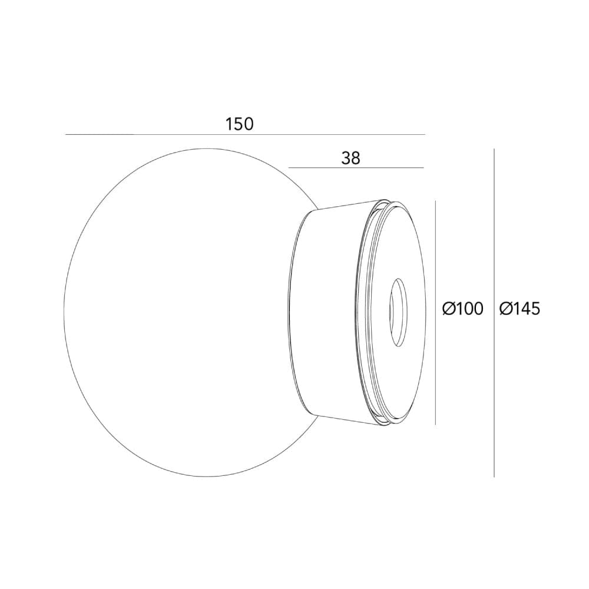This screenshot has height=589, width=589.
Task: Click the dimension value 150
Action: point(239,124)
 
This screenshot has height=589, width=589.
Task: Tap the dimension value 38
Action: point(350,158)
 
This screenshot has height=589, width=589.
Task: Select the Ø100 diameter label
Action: point(462,308)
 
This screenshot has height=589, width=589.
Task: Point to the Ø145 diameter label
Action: point(519,308)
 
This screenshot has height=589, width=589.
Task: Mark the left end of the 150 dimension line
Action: point(66,135)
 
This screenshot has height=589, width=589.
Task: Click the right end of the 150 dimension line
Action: point(424,135)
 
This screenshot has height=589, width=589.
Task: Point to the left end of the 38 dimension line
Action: point(289,168)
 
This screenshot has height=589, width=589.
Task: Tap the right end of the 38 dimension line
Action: point(423,168)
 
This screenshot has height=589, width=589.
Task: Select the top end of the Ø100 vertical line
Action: point(435,201)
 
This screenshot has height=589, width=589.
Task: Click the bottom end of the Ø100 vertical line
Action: point(435,424)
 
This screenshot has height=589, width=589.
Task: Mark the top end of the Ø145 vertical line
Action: point(494,149)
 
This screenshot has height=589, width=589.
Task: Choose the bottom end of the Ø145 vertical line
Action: point(494,477)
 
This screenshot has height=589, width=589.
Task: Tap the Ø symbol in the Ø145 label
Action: point(505,308)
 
